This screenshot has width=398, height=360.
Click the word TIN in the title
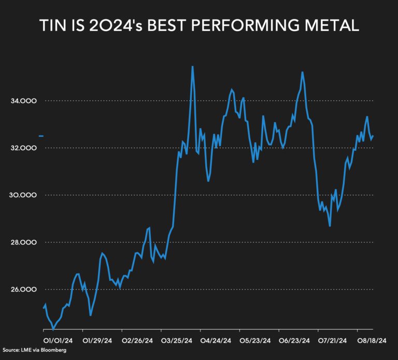(52, 26)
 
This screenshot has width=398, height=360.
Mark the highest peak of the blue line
(192, 66)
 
